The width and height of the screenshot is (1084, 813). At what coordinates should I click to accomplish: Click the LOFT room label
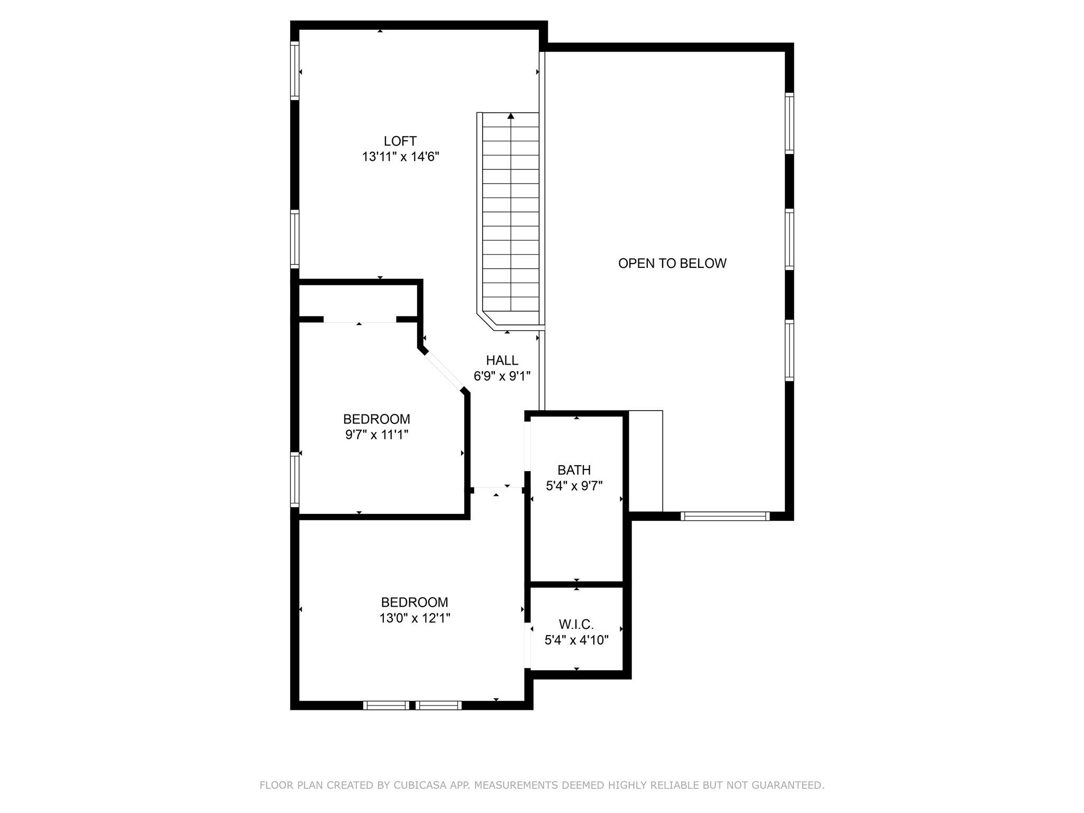tap(400, 141)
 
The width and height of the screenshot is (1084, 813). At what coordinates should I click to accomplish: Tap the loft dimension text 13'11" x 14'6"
tap(401, 157)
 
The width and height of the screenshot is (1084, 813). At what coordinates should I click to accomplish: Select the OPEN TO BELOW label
tap(672, 264)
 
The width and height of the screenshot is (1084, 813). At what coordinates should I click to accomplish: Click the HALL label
tap(502, 360)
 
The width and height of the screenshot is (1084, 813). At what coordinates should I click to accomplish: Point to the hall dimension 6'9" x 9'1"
tap(502, 376)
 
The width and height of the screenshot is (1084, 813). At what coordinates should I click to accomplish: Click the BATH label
tap(574, 470)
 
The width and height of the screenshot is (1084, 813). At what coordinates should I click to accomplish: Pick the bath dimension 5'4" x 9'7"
tap(574, 486)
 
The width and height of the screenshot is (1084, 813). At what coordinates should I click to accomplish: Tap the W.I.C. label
tap(576, 625)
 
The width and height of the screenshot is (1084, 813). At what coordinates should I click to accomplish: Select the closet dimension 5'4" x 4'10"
tap(576, 640)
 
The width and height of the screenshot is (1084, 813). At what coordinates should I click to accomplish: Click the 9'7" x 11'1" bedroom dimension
tap(377, 435)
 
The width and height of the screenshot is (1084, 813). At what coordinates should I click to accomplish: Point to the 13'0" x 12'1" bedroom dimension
tap(414, 618)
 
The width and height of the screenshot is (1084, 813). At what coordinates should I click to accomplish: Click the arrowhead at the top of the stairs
tap(511, 115)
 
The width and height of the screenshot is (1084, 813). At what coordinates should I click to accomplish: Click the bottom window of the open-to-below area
tap(725, 516)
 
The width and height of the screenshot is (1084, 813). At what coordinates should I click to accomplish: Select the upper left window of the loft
tap(295, 70)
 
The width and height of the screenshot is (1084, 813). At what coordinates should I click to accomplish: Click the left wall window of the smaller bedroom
tap(295, 480)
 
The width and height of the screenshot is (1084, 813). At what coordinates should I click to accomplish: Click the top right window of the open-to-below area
tap(789, 123)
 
